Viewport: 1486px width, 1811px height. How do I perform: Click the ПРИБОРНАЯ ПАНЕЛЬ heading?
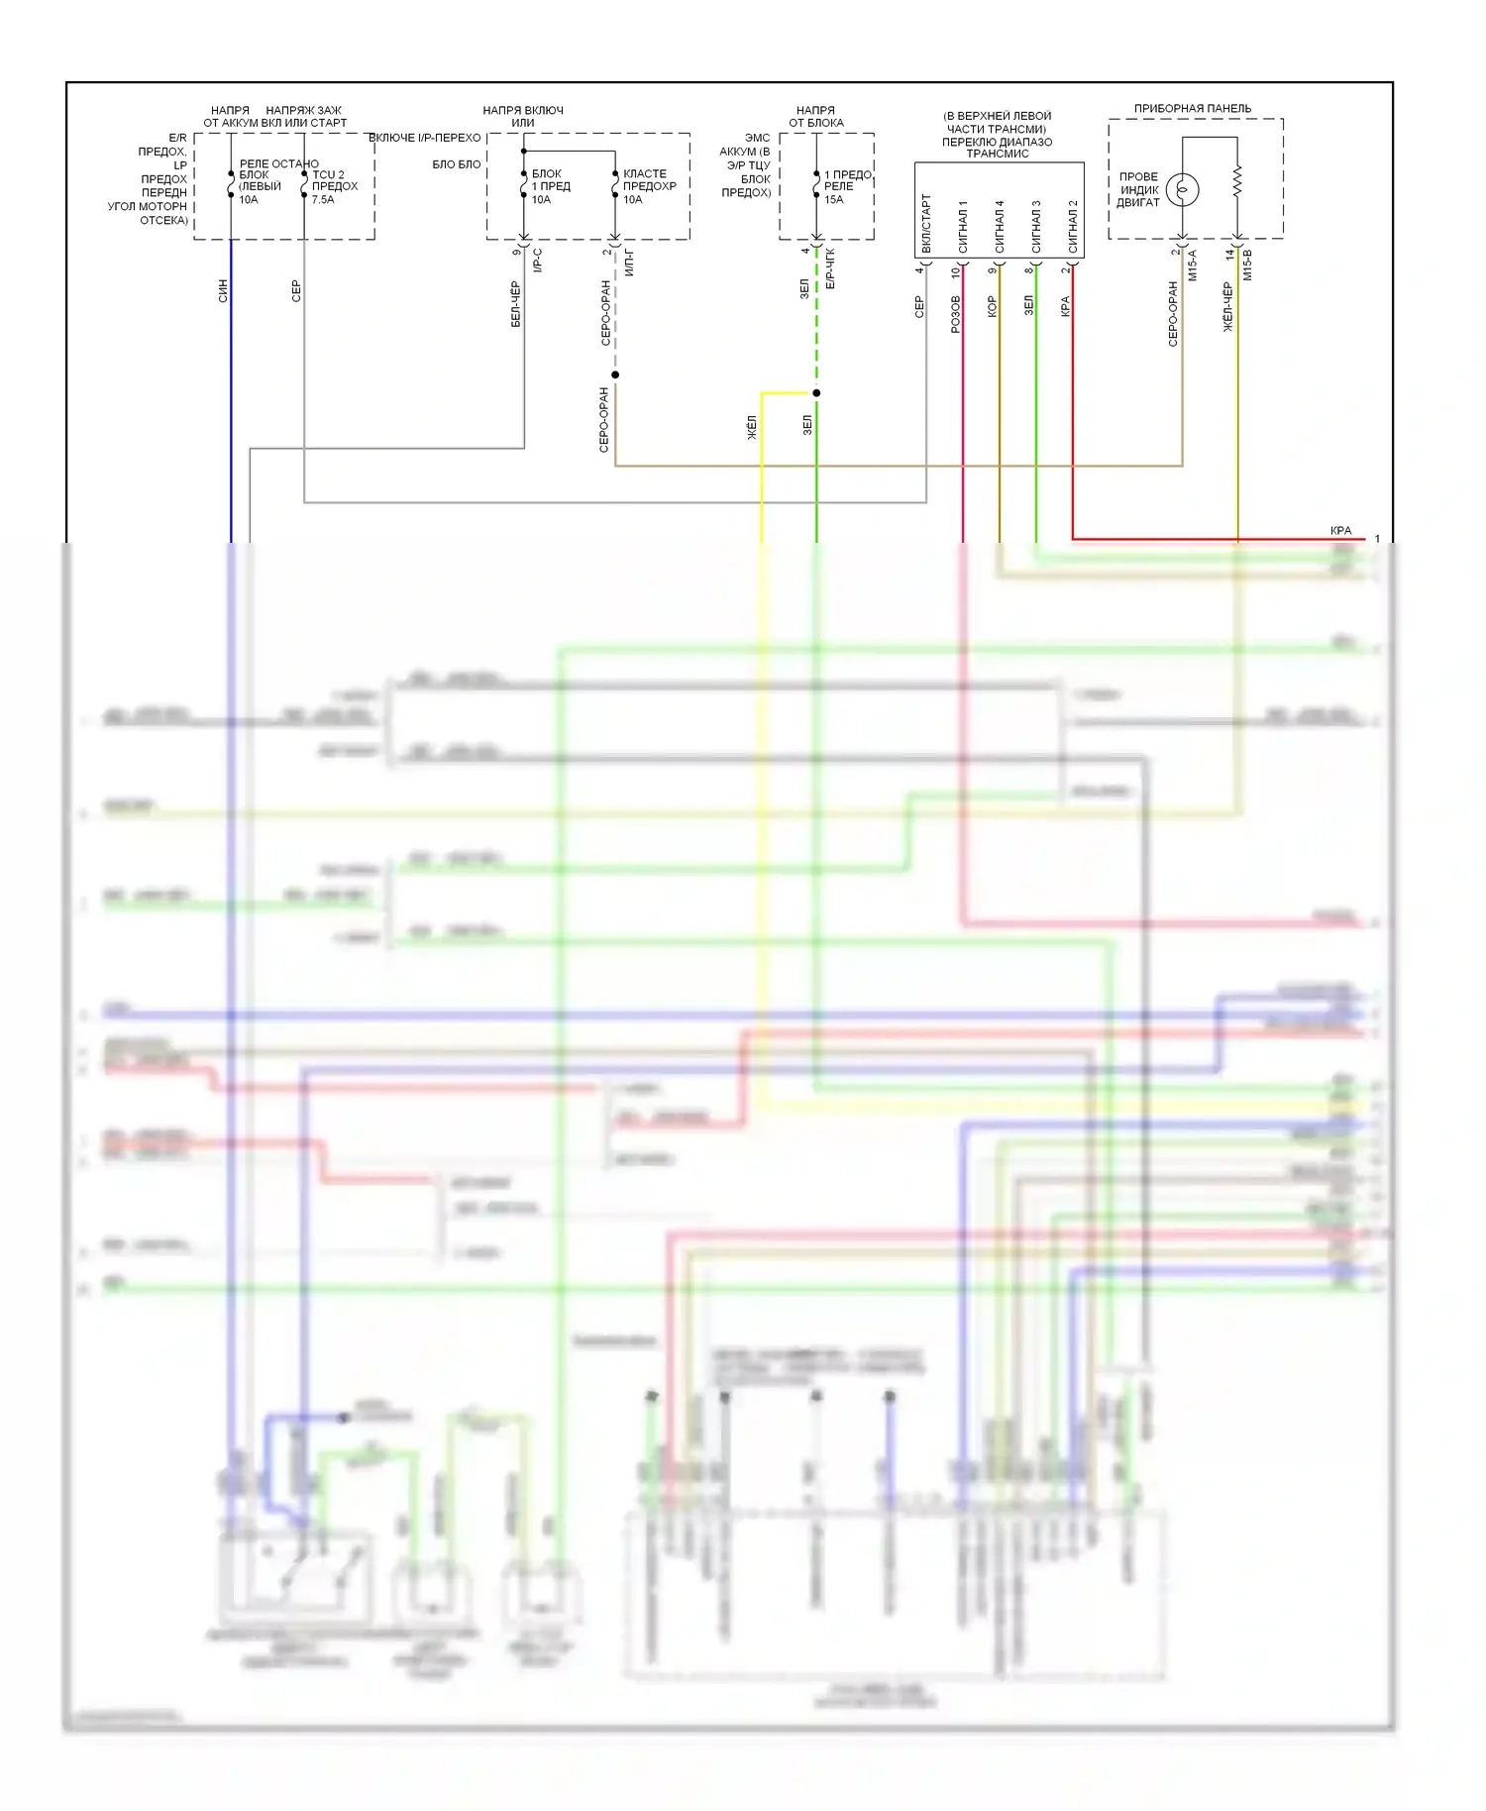click(1192, 108)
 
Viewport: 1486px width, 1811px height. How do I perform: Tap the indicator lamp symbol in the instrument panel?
click(1182, 189)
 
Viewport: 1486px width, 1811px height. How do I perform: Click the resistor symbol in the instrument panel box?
click(1237, 181)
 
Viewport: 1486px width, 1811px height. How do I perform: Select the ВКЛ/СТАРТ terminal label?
click(926, 223)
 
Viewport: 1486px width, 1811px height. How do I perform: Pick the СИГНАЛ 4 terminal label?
click(1000, 226)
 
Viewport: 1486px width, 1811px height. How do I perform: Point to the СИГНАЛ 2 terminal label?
click(1073, 226)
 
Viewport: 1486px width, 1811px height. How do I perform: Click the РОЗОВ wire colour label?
click(956, 313)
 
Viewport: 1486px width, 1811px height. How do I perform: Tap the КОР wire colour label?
click(993, 306)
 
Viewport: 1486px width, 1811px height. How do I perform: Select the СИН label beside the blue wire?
click(223, 290)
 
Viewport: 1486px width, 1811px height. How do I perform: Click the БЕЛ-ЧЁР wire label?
click(516, 304)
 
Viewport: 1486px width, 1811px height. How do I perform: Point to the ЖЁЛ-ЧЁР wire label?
click(1228, 306)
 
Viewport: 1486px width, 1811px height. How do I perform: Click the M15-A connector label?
click(1193, 265)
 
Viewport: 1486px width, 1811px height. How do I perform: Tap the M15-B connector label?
click(1247, 265)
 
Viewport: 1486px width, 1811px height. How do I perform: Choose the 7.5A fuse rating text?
click(323, 199)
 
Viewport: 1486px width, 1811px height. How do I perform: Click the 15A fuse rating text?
click(834, 199)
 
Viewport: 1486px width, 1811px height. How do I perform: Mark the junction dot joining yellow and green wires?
click(816, 393)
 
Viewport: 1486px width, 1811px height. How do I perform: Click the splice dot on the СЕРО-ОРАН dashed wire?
click(615, 374)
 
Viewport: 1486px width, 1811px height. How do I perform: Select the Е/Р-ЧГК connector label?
click(830, 268)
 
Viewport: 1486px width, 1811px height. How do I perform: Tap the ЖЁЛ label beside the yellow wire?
click(752, 427)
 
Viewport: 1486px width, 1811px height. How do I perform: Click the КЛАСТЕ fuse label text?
click(645, 173)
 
